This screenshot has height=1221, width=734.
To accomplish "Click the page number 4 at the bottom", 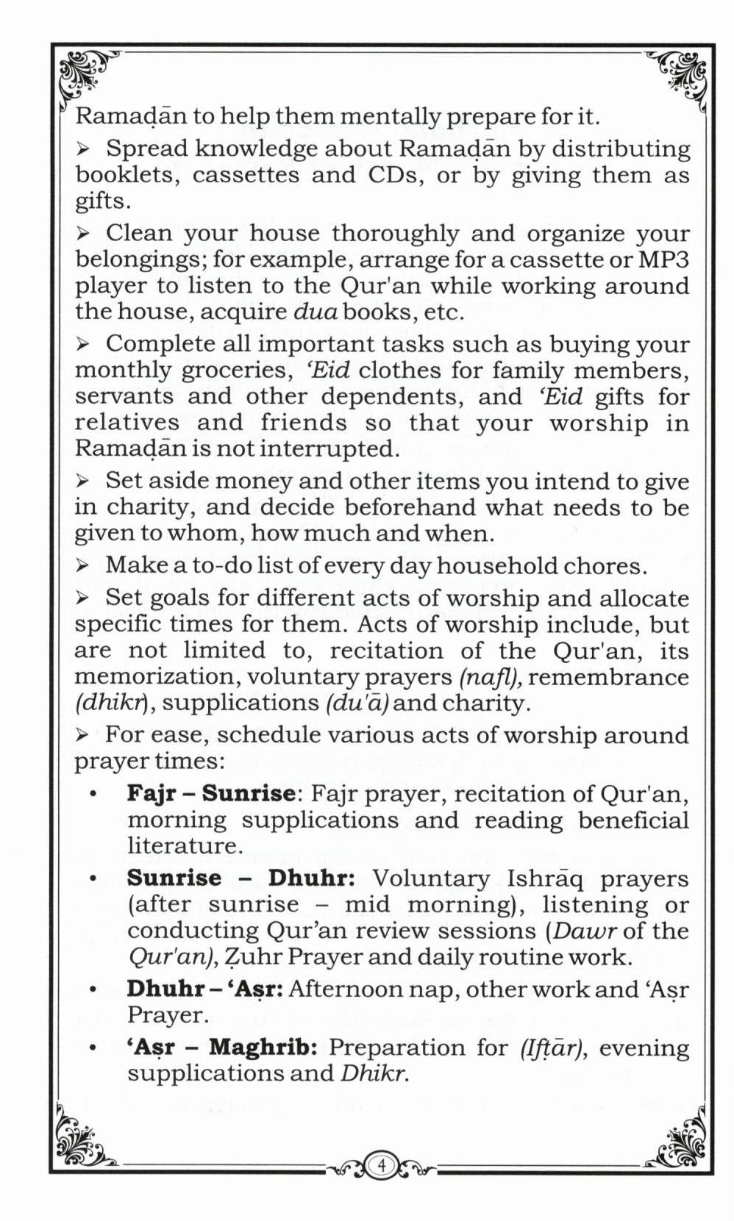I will coord(381,1165).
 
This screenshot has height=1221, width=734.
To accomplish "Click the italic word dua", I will coord(316,312).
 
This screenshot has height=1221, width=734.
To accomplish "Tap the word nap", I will coord(435,989).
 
